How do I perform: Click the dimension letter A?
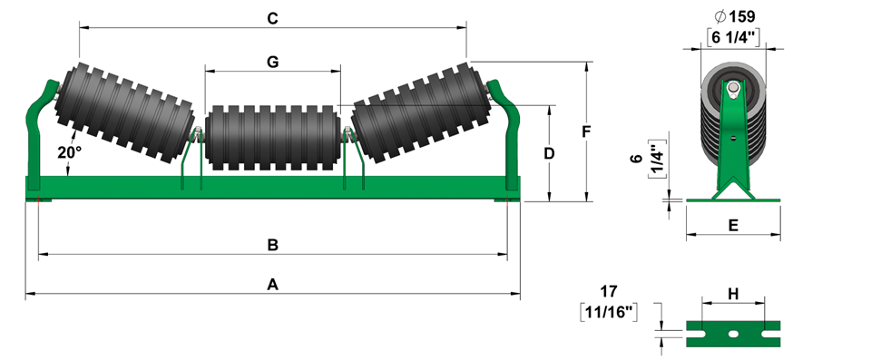click(272, 285)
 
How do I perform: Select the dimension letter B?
click(273, 245)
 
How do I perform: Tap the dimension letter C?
click(272, 19)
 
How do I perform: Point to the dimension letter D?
click(549, 153)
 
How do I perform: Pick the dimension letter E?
click(733, 226)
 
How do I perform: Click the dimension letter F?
click(586, 131)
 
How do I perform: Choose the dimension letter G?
click(272, 63)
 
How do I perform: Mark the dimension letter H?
click(733, 294)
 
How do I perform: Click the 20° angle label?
click(69, 152)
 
